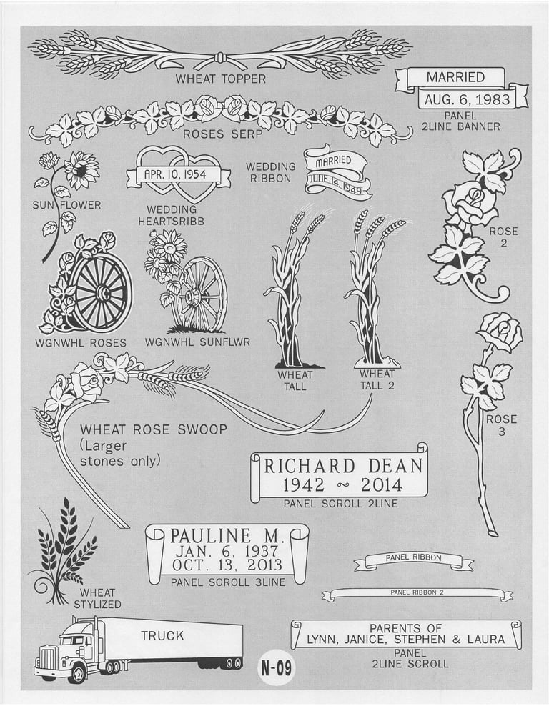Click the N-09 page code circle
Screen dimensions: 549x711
point(277,667)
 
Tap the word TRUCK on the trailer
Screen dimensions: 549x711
point(162,636)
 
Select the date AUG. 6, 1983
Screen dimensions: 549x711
point(467,99)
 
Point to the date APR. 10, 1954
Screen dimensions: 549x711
point(175,174)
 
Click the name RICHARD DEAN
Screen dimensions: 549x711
point(343,466)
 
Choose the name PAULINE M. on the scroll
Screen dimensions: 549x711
point(227,536)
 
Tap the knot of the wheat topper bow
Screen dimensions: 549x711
point(220,58)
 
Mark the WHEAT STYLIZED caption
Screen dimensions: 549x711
point(97,599)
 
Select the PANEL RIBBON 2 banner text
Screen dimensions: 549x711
point(413,592)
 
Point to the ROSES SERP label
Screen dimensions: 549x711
point(222,134)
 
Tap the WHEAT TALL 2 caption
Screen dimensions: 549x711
point(377,380)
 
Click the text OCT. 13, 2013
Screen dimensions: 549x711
point(227,565)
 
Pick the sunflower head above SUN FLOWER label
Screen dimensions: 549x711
point(81,170)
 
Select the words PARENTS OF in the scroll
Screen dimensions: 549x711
point(405,629)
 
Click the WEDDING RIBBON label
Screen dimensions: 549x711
point(270,173)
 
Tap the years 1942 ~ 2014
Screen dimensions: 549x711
point(342,486)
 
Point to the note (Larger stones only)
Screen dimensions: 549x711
point(120,453)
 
